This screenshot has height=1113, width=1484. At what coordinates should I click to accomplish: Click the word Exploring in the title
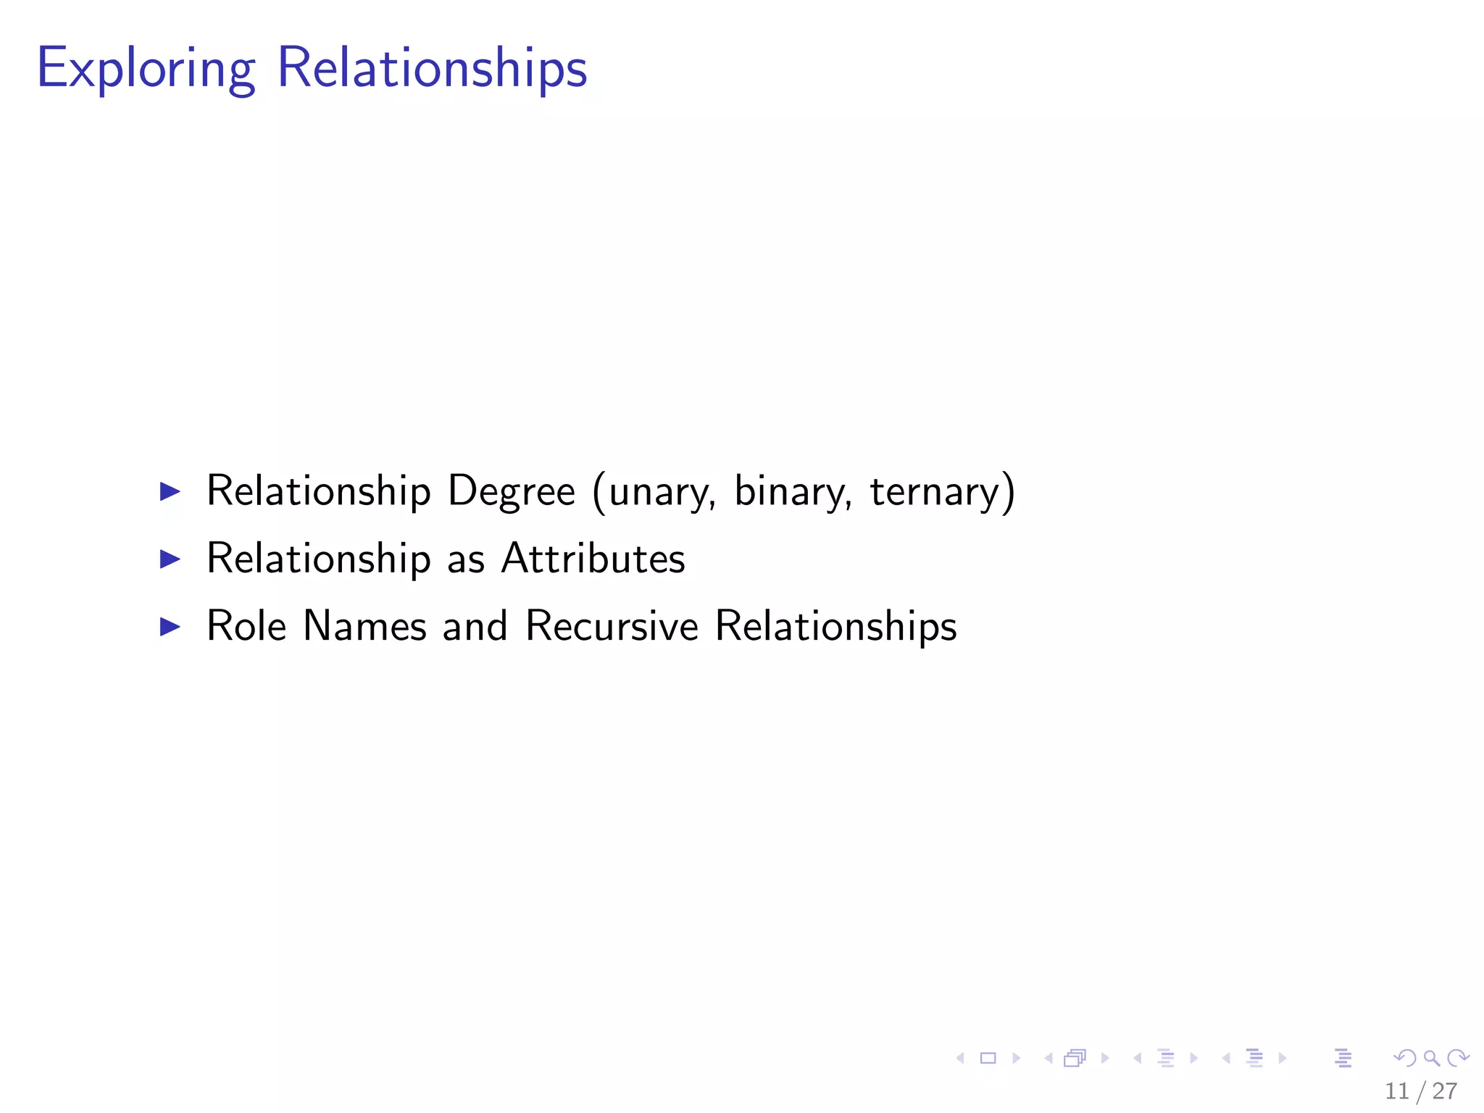pos(146,70)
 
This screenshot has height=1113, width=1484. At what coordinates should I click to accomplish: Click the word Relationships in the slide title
pos(432,68)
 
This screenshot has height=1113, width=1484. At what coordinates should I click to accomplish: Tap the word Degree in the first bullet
pos(511,491)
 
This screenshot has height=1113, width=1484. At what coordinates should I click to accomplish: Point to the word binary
pos(792,493)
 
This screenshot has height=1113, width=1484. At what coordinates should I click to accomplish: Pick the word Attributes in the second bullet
pos(593,559)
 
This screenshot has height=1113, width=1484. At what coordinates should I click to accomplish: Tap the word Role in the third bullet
pos(246,626)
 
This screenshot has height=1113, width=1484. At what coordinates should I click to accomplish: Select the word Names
pos(364,626)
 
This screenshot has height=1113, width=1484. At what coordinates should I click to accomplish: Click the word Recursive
pos(612,626)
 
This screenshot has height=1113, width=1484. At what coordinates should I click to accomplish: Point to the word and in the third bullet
pos(475,626)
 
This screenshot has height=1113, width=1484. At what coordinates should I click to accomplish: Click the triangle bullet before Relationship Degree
pos(170,492)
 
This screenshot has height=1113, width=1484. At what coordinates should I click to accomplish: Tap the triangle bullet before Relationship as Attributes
pos(170,559)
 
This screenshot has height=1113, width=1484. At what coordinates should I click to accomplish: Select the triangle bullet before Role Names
pos(170,626)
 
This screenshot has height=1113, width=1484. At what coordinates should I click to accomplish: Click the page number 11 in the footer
pos(1396,1091)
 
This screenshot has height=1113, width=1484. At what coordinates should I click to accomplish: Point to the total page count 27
pos(1445,1091)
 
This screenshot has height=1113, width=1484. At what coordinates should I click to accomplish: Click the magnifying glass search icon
pos(1431,1059)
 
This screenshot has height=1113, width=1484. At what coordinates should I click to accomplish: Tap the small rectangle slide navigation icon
pos(988,1059)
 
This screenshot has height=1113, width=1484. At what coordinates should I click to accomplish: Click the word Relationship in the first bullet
pos(319,491)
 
